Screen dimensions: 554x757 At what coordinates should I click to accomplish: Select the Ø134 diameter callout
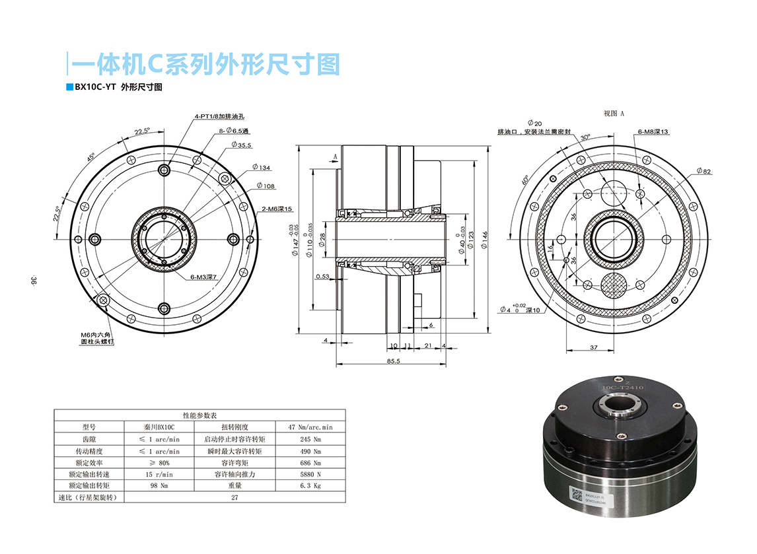tap(262, 168)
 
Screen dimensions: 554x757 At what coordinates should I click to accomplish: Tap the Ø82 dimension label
tap(703, 172)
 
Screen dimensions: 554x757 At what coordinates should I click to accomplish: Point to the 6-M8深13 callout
tap(653, 132)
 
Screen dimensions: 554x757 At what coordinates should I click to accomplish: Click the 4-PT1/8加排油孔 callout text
tap(218, 117)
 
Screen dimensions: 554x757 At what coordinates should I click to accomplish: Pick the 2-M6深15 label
tap(277, 209)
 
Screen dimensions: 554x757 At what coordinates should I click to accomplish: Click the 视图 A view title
tap(614, 114)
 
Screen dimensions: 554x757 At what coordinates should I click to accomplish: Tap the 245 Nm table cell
tap(305, 439)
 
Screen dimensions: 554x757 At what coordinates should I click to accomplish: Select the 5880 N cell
tap(305, 475)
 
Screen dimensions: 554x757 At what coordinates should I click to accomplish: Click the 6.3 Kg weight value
tap(305, 486)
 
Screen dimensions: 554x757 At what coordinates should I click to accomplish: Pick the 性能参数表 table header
tap(199, 415)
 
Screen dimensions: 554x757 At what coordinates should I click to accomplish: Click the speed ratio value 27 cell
tap(234, 498)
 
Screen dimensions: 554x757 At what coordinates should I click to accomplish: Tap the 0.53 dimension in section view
tap(323, 277)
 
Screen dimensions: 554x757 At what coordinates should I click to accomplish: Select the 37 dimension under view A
tap(593, 347)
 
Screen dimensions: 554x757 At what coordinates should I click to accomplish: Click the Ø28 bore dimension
tap(322, 239)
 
